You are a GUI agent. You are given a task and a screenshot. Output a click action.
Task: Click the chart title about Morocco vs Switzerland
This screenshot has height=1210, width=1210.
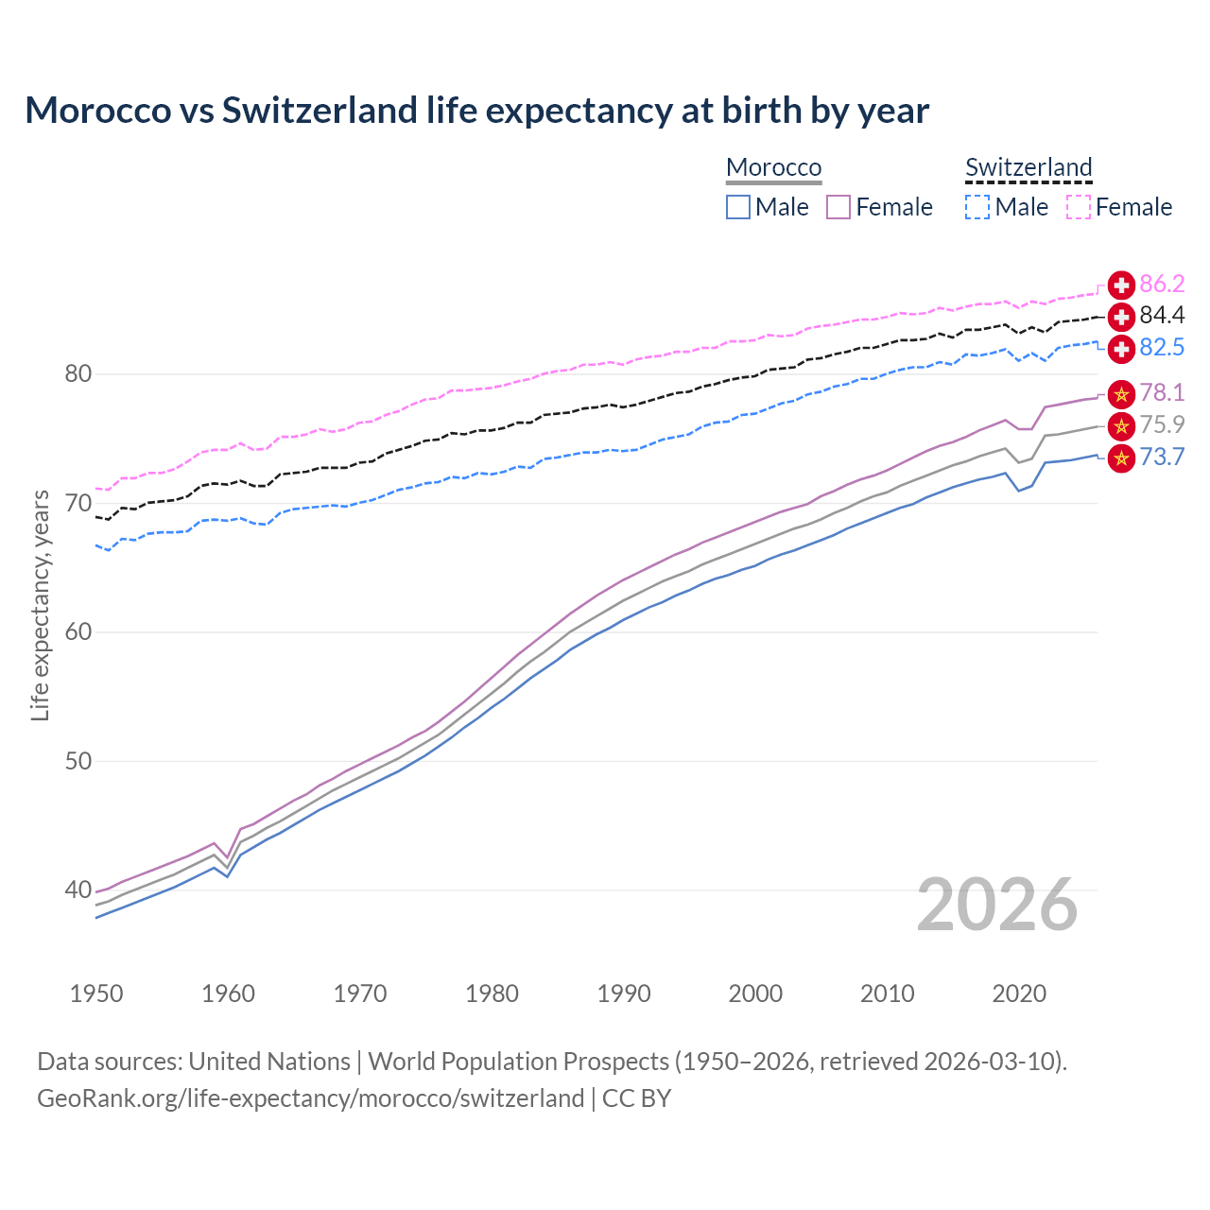coord(476,111)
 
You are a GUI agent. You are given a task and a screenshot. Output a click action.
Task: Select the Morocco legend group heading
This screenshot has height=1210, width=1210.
coord(773,167)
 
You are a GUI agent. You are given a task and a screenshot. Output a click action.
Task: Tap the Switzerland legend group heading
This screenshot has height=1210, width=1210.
coord(1028,167)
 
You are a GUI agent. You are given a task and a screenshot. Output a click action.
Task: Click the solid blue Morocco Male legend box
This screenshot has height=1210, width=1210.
coord(738,207)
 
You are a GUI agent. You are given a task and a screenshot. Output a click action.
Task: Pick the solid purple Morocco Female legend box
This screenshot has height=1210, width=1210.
coord(838,207)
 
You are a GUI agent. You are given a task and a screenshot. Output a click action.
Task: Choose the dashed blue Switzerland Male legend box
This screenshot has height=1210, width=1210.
coord(977,207)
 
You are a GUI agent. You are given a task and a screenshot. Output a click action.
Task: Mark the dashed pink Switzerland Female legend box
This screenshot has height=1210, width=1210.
coord(1079,207)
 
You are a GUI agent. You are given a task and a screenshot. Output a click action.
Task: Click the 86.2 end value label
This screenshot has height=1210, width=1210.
coord(1162,284)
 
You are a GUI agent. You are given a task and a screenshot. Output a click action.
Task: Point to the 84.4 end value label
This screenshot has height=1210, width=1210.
coord(1162,316)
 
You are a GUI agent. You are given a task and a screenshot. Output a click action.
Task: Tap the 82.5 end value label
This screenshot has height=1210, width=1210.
coord(1162,348)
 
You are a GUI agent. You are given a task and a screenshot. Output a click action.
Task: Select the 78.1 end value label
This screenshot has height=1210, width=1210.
coord(1162,393)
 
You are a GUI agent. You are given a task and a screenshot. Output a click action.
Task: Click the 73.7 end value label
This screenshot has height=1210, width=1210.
coord(1162,458)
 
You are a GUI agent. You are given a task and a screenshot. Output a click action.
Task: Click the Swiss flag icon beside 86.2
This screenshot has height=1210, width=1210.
coord(1121,285)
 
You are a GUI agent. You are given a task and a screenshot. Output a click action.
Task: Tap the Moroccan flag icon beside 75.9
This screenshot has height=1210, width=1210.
coord(1121,426)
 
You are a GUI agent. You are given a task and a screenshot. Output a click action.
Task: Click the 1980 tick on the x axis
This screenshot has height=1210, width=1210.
coord(492,994)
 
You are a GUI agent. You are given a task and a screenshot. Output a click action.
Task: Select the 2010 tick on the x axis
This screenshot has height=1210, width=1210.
coord(887,994)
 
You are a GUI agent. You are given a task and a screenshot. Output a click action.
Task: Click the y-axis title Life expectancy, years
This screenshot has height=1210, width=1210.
coord(41,605)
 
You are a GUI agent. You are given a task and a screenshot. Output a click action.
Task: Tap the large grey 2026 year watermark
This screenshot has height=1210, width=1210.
coord(996,905)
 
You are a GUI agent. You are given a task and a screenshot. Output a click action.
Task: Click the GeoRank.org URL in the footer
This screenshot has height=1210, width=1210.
coord(310,1098)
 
